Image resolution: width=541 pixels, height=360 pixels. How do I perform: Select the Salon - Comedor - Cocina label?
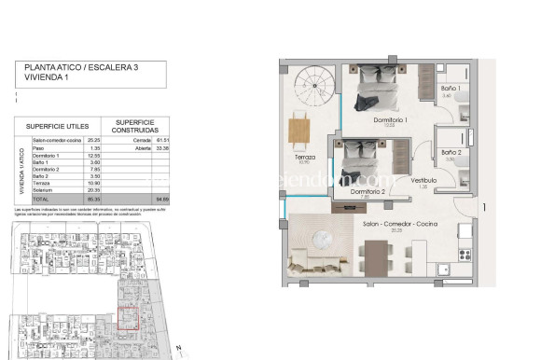point(400,225)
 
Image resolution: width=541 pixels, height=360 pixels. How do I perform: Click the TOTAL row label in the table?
point(42,200)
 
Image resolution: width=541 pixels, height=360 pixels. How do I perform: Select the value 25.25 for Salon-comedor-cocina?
point(93,139)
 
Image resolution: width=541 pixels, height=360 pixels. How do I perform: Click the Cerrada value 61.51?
point(160,139)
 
